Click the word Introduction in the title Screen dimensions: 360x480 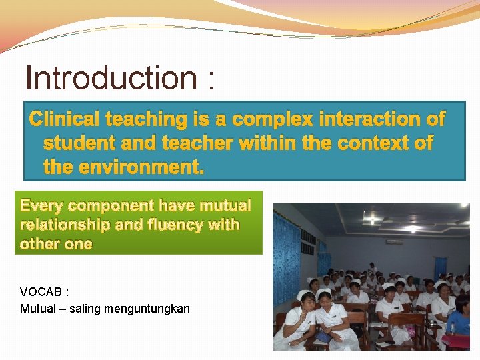coord(110,79)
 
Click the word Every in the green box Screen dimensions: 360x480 coord(43,206)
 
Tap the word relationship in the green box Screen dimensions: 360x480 coord(65,225)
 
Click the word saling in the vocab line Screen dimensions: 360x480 coord(87,309)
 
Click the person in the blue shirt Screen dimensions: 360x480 coord(459,323)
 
